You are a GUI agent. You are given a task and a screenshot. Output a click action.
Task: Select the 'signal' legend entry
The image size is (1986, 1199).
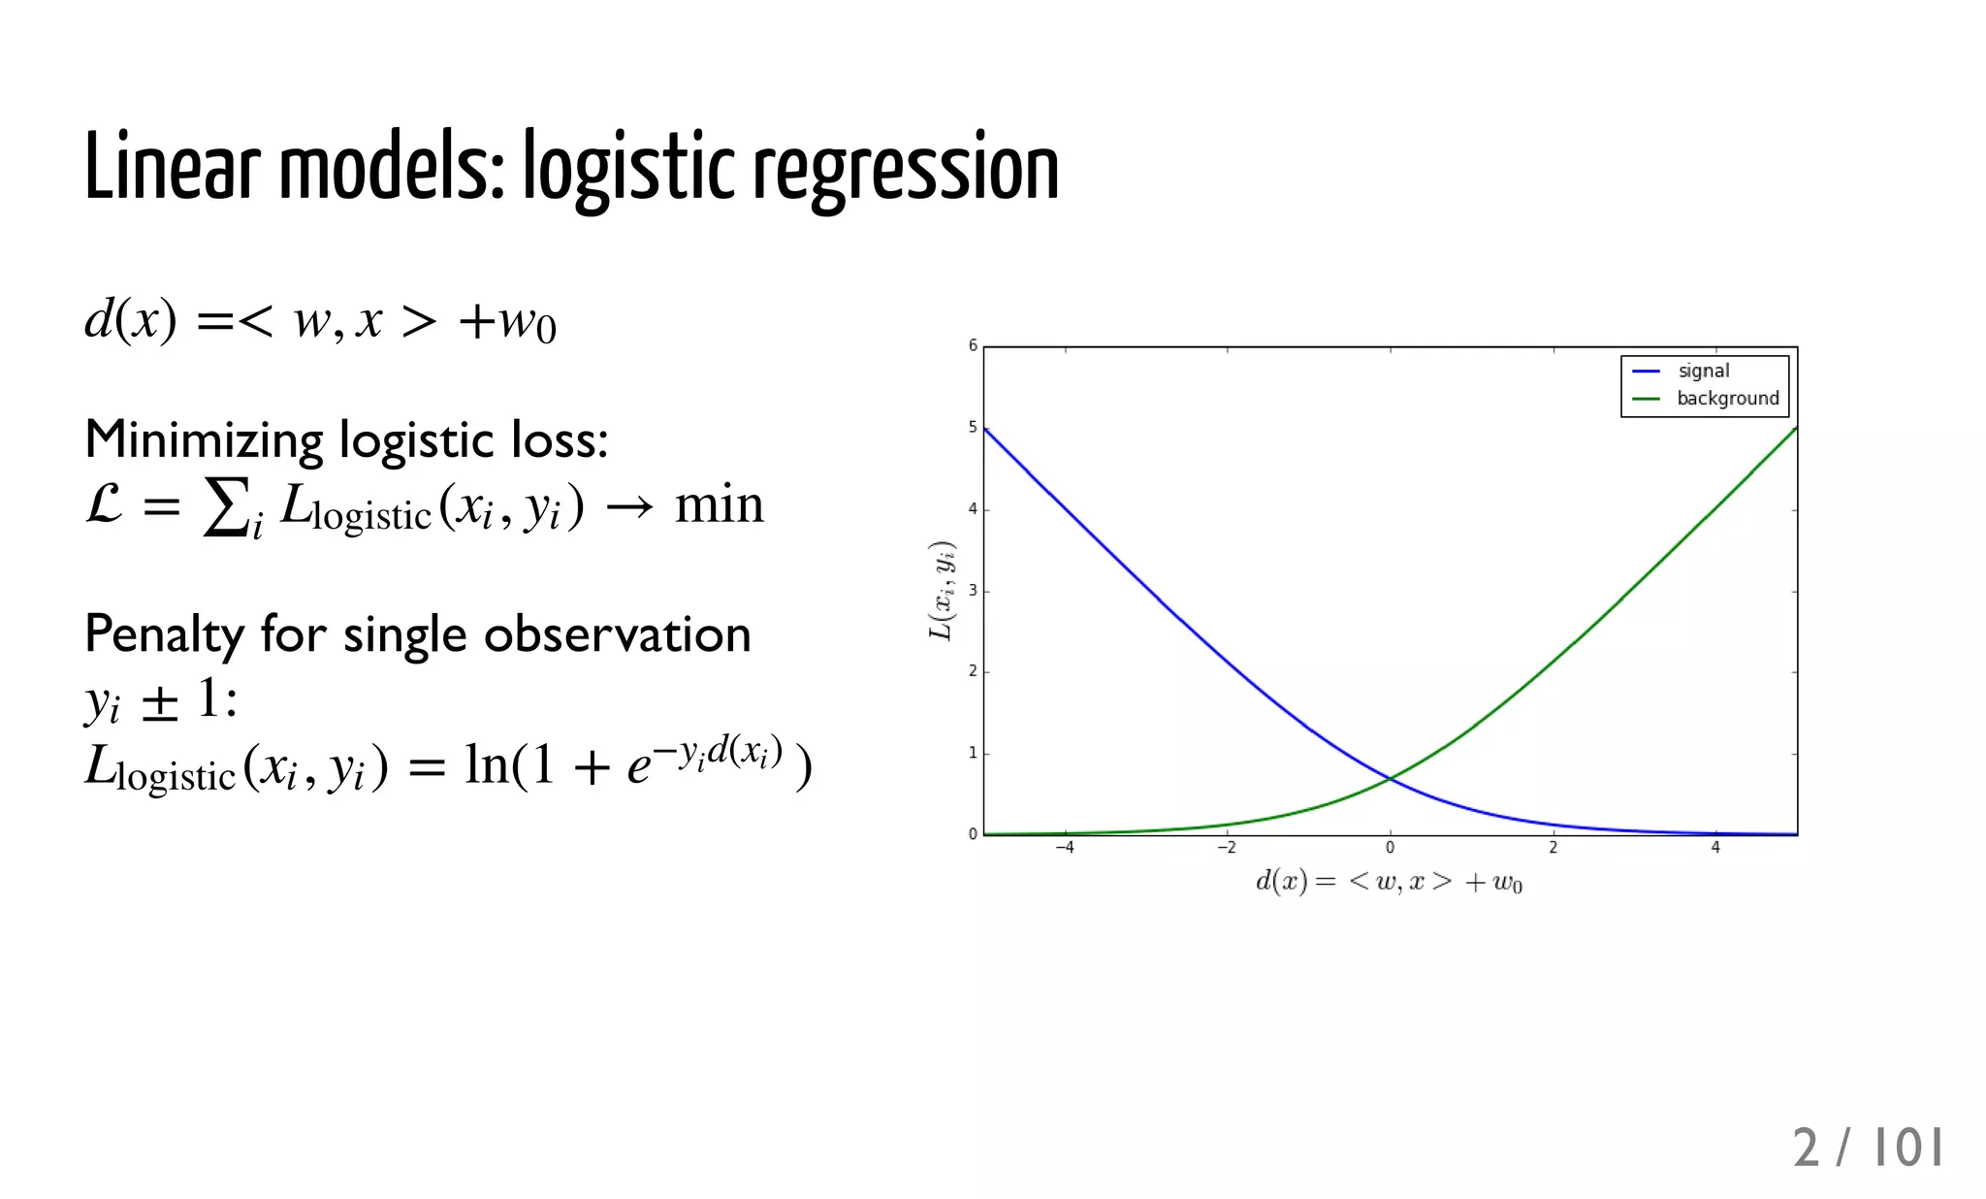tap(1703, 371)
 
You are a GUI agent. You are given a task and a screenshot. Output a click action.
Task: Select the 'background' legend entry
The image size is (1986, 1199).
tap(1727, 399)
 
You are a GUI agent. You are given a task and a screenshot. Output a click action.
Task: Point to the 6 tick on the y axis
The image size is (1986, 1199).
tap(973, 345)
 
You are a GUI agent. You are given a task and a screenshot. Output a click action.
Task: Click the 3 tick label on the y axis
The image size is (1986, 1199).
tap(973, 590)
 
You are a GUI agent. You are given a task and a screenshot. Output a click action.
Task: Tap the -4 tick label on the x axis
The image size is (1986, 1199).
tap(1065, 848)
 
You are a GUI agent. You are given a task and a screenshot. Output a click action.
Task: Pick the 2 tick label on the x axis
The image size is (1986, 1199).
tap(1553, 848)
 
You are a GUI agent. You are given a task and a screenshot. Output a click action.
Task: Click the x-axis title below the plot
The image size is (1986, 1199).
tap(1389, 882)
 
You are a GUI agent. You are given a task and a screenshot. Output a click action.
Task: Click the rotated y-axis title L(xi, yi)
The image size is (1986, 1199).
tap(942, 590)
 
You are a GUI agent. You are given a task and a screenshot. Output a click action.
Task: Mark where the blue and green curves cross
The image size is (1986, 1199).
tap(1391, 778)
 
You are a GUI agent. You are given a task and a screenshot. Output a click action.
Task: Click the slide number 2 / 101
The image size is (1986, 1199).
tap(1867, 1148)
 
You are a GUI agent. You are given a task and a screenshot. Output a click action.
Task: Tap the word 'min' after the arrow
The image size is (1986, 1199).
tap(719, 504)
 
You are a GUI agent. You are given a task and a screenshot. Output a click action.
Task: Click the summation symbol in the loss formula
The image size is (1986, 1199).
tap(225, 505)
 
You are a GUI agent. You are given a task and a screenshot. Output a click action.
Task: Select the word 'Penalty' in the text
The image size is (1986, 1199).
tap(164, 635)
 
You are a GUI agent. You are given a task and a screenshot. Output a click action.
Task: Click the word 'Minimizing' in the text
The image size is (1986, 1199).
tap(204, 440)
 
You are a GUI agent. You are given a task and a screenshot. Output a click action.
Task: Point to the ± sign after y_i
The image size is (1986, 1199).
tap(160, 700)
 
